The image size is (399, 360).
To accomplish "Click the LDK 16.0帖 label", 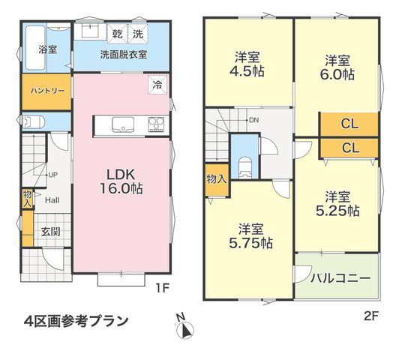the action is pyautogui.click(x=121, y=181).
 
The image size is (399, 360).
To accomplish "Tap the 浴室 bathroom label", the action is pyautogui.click(x=48, y=49).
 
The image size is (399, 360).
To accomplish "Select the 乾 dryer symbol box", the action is pyautogui.click(x=117, y=33).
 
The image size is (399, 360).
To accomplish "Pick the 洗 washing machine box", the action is pyautogui.click(x=138, y=33).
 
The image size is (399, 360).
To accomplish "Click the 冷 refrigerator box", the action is pyautogui.click(x=157, y=85).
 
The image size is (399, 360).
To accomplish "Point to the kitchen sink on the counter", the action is pyautogui.click(x=123, y=124).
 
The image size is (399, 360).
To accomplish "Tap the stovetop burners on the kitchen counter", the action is pyautogui.click(x=156, y=124).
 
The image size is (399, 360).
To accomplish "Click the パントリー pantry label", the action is pyautogui.click(x=47, y=91).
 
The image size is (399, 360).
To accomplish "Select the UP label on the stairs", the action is pyautogui.click(x=53, y=175).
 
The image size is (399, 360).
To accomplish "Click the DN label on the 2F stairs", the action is pyautogui.click(x=253, y=120).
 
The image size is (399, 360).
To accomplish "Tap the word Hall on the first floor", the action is pyautogui.click(x=52, y=200).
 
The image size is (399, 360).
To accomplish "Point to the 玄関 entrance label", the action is pyautogui.click(x=51, y=232).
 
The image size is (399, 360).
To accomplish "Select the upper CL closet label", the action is pyautogui.click(x=349, y=124).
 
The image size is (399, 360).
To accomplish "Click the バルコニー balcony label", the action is pyautogui.click(x=340, y=278).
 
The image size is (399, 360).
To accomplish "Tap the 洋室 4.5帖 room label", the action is pyautogui.click(x=247, y=64).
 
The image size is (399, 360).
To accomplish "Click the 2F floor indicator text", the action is pyautogui.click(x=371, y=316).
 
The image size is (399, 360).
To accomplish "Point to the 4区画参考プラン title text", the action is pyautogui.click(x=76, y=321).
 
